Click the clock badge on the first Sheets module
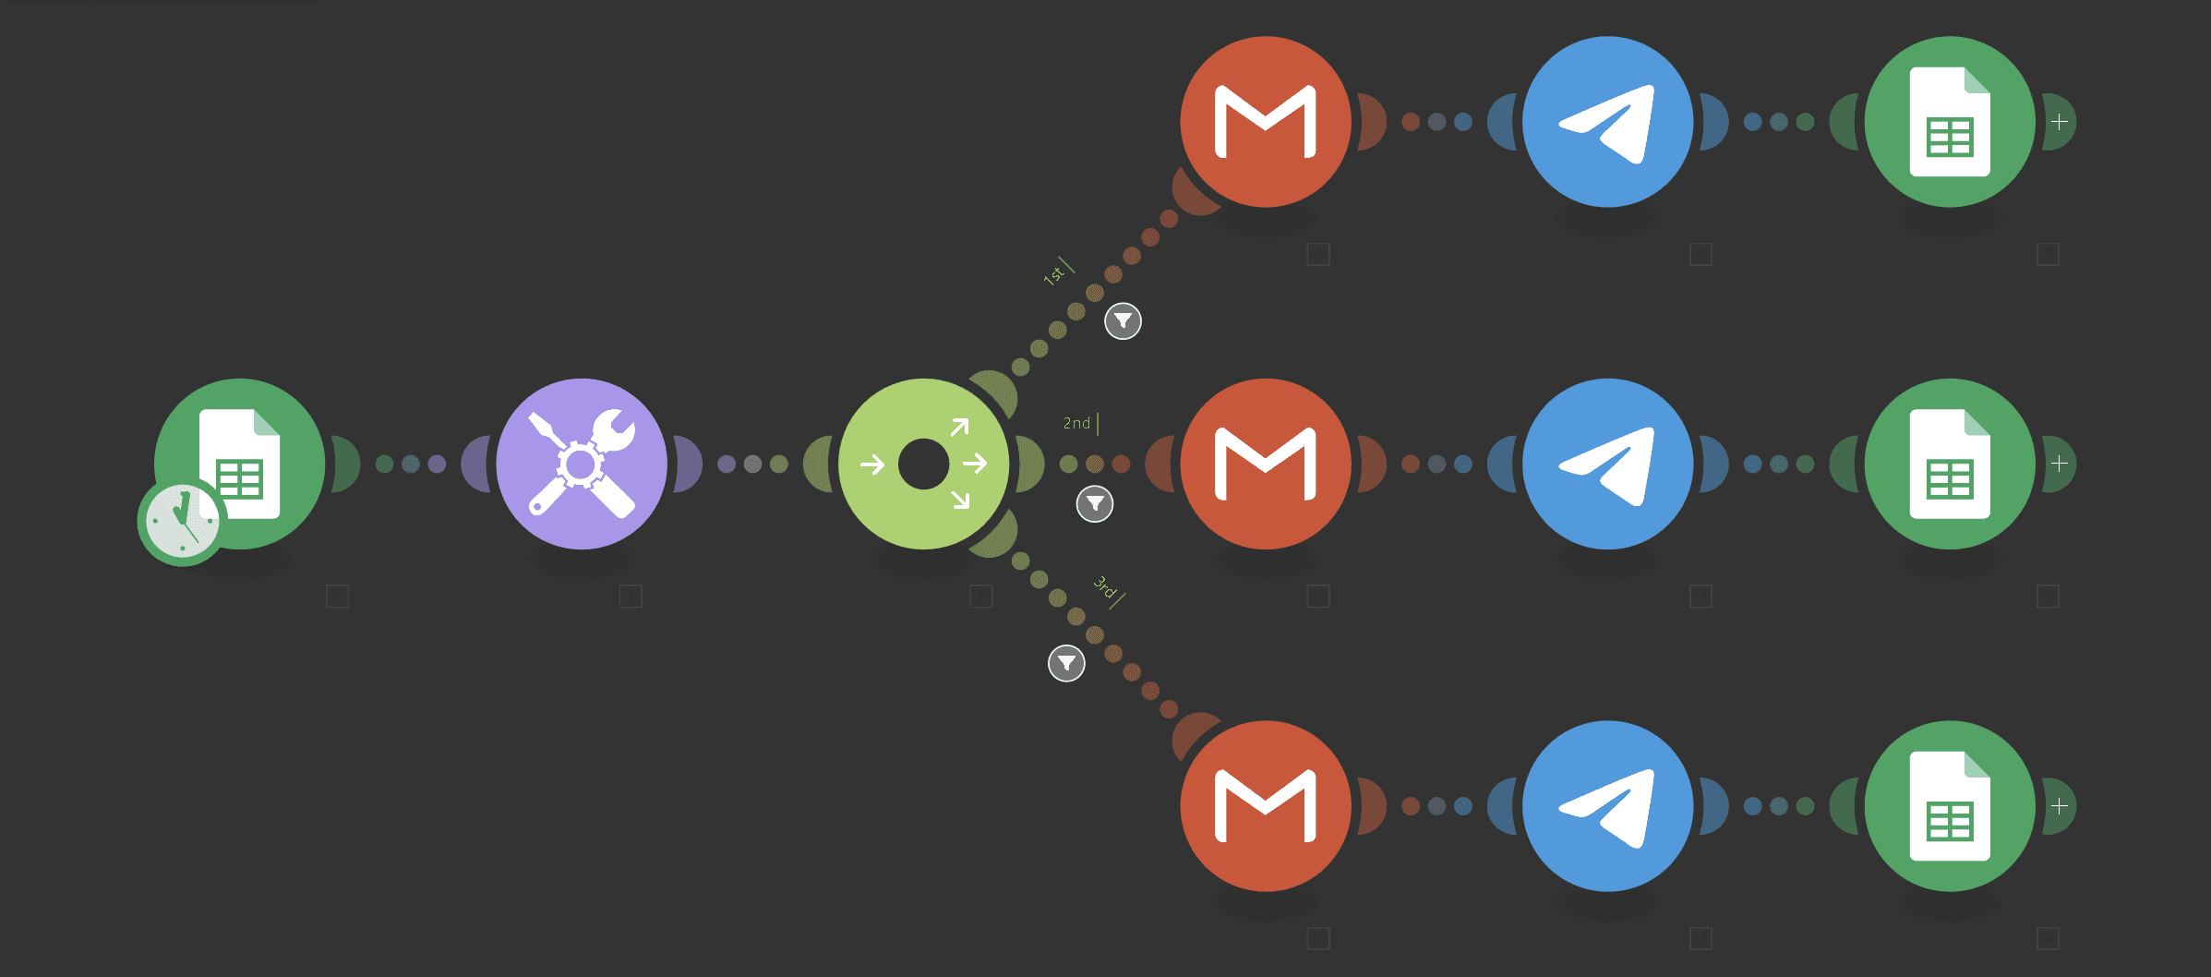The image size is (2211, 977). pos(182,523)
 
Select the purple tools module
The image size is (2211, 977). pos(582,464)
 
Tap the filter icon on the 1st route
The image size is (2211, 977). pos(1123,321)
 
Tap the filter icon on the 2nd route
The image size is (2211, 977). pos(1095,504)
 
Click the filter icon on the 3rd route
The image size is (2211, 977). pos(1066,663)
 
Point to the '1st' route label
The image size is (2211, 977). pos(1053,274)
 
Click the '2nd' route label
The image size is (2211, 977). pos(1076,423)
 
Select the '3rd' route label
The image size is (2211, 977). pos(1104,586)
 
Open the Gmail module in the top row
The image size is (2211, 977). pos(1265,122)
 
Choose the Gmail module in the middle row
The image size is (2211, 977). pos(1265,464)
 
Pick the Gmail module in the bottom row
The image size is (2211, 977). pos(1265,806)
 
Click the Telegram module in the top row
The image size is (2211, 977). pos(1607,122)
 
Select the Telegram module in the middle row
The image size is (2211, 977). pos(1607,464)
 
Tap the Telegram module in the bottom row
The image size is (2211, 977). pos(1607,806)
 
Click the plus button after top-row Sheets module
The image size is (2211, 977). pos(2059,122)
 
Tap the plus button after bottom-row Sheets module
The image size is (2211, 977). pos(2059,806)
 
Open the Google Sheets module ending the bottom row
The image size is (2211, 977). pos(1949,806)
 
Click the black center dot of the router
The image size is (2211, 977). pos(923,464)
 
